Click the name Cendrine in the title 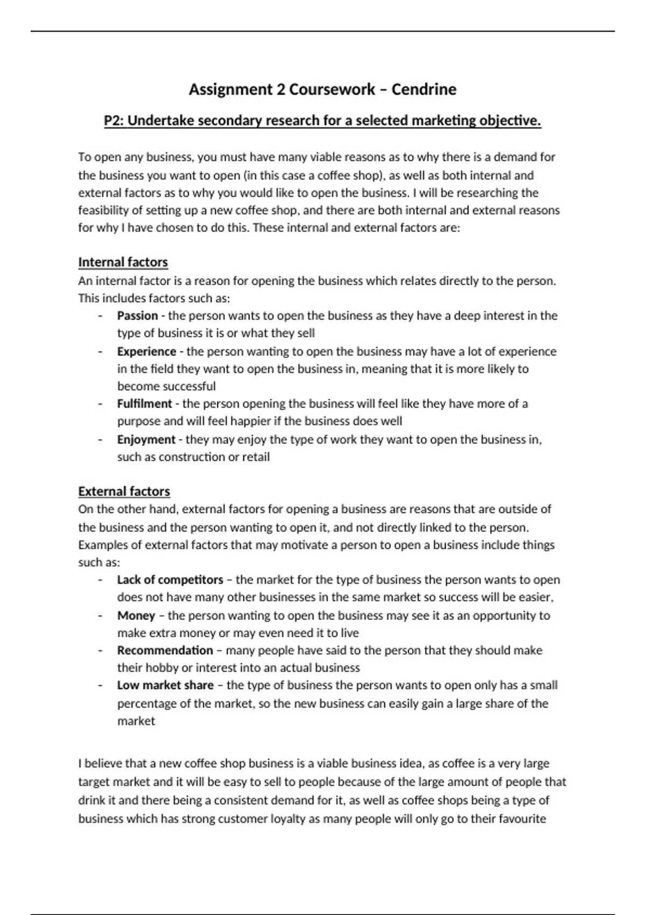point(424,89)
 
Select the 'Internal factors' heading point(123,262)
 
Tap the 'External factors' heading point(124,491)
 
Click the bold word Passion point(137,315)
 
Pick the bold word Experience point(146,351)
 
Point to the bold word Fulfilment point(144,404)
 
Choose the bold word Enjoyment point(146,440)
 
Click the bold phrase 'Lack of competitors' point(170,580)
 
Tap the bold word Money point(136,615)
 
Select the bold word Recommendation point(165,650)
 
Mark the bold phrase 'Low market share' point(165,685)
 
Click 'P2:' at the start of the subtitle point(114,121)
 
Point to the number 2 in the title point(281,89)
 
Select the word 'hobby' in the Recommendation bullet point(161,668)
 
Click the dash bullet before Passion point(100,316)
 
